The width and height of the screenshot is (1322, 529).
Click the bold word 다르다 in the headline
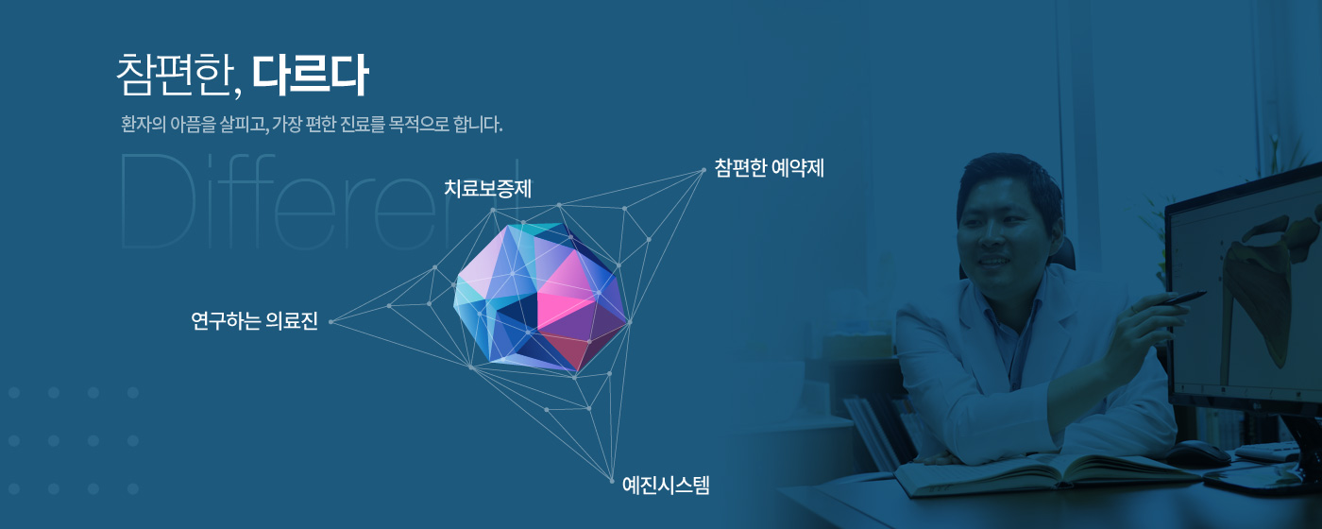click(x=310, y=75)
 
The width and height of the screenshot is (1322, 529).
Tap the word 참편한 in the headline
click(x=172, y=75)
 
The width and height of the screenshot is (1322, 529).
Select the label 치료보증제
click(x=487, y=189)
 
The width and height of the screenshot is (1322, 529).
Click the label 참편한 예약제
click(x=769, y=168)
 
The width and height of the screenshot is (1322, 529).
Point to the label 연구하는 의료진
click(x=254, y=321)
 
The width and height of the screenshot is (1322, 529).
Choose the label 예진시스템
click(x=666, y=486)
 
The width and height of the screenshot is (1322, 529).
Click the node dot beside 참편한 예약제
click(x=703, y=170)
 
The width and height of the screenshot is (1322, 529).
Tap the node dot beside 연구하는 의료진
click(x=331, y=322)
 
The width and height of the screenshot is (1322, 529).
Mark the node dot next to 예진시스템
click(x=612, y=481)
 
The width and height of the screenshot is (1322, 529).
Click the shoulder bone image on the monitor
click(x=1263, y=283)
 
